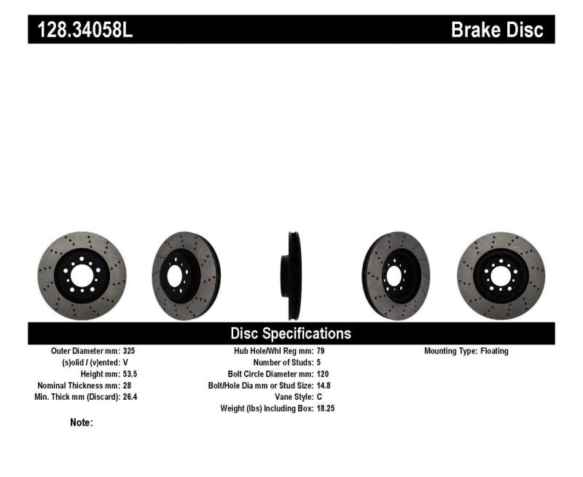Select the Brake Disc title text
pos(497,30)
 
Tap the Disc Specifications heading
pos(291,334)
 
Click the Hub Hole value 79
pos(321,351)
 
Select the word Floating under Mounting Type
pos(494,351)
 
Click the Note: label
pos(82,422)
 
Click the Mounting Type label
pos(450,351)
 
